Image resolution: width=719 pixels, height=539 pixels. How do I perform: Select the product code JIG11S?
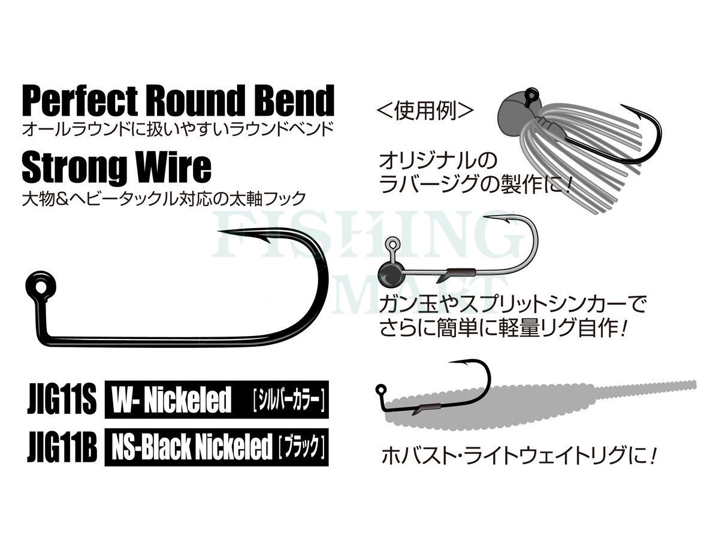coord(62,399)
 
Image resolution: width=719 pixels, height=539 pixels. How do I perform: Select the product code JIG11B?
coord(62,447)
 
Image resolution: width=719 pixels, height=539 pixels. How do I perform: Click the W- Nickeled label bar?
coord(216,399)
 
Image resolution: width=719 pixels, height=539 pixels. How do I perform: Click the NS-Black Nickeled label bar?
coord(216,447)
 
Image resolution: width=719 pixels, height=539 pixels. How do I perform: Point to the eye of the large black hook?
coord(41,287)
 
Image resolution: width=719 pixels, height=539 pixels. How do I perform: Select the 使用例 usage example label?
coord(425,111)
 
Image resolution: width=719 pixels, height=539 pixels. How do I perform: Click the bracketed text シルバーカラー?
coord(289,400)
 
